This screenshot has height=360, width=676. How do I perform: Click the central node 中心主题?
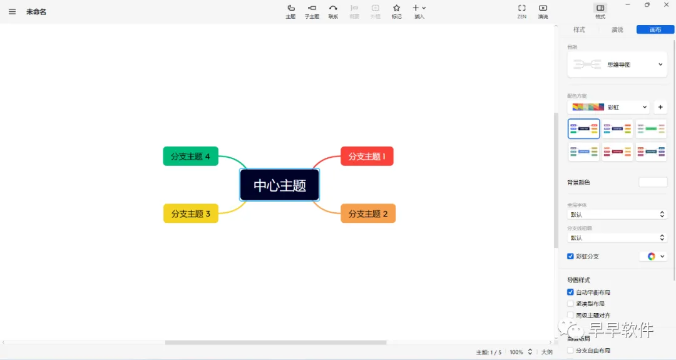280,185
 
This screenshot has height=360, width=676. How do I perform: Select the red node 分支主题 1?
367,157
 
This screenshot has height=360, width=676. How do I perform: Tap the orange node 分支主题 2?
368,213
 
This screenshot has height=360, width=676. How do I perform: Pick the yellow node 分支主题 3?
191,213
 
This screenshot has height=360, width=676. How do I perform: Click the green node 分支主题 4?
191,157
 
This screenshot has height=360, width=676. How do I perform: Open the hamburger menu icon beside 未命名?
13,12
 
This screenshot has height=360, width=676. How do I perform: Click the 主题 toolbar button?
290,11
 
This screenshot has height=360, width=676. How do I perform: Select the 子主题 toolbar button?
312,11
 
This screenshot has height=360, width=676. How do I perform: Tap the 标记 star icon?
396,11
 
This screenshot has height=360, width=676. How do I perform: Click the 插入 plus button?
419,11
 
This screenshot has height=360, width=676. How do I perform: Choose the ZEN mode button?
521,11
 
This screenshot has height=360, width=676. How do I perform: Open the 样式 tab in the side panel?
579,29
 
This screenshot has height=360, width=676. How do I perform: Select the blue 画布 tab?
655,29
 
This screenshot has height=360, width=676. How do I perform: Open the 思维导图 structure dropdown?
617,64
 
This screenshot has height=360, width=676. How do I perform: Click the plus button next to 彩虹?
660,107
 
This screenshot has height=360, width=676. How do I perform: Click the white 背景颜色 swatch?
653,182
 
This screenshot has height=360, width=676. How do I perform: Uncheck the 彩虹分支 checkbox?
570,256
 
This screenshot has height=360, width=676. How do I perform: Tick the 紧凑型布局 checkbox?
570,304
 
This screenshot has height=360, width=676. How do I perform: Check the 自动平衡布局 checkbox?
570,292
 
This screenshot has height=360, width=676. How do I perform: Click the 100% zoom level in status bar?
516,352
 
